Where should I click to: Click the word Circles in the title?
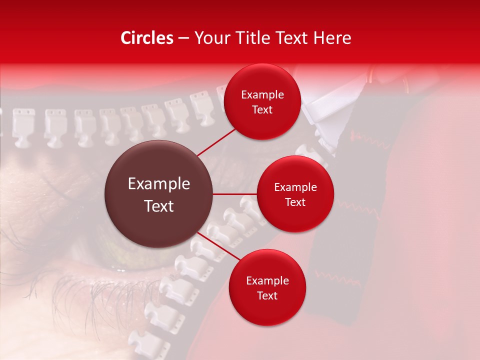tap(147, 38)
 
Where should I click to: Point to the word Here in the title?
tap(333, 38)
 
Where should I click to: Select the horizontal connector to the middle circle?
tap(235, 194)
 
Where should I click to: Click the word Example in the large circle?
tap(159, 184)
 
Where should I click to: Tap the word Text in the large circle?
tap(159, 206)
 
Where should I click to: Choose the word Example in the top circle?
tap(262, 95)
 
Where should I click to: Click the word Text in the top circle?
tap(262, 110)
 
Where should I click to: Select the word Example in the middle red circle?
tap(295, 187)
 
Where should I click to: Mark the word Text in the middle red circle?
tap(295, 202)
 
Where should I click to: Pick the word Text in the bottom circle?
tap(267, 296)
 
